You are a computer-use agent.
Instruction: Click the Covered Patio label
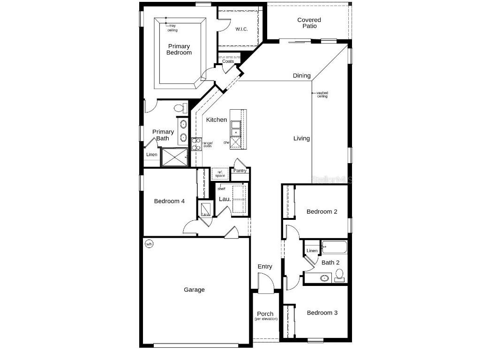[309, 23]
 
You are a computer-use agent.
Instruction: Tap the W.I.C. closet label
[241, 29]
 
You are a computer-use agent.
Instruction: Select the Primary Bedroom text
[179, 49]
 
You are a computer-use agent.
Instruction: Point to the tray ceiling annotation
[172, 28]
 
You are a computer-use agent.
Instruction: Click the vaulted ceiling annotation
[322, 94]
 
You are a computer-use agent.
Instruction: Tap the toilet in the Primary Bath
[179, 108]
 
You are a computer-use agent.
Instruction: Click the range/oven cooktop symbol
[196, 144]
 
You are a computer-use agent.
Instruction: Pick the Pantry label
[240, 171]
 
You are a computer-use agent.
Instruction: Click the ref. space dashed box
[220, 174]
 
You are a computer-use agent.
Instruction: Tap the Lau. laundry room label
[225, 199]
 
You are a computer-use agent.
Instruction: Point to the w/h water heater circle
[149, 244]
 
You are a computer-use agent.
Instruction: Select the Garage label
[194, 290]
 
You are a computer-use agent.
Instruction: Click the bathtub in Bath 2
[334, 247]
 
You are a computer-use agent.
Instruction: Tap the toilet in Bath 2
[339, 274]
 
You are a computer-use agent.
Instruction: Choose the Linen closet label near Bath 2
[312, 251]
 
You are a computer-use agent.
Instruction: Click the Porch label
[265, 314]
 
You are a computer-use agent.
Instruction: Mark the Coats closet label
[228, 61]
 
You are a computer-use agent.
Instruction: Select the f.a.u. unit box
[205, 209]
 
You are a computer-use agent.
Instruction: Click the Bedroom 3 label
[322, 313]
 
